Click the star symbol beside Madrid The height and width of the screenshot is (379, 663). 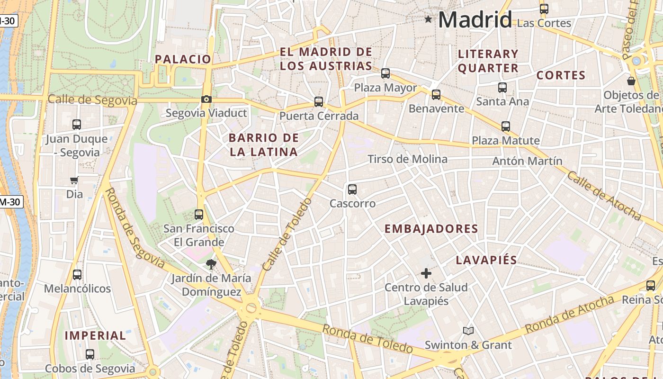tap(429, 19)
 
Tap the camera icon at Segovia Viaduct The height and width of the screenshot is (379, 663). tap(206, 99)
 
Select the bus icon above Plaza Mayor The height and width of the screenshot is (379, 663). tap(385, 73)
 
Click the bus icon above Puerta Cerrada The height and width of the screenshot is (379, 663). tap(319, 101)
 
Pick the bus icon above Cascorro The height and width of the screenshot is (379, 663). tap(352, 189)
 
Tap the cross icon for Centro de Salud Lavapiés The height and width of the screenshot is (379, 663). tap(426, 273)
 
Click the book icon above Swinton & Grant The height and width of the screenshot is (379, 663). tap(468, 331)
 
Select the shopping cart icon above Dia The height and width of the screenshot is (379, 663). tap(74, 180)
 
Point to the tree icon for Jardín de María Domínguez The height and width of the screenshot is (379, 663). tap(211, 264)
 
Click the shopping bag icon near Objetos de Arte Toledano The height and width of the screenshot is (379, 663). tap(631, 81)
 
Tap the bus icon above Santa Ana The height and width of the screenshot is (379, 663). tap(502, 88)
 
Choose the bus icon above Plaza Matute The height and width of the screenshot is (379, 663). tap(506, 126)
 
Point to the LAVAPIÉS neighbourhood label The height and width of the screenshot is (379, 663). tap(486, 260)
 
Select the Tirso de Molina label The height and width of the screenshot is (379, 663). tap(408, 159)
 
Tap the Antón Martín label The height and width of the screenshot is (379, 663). tap(528, 161)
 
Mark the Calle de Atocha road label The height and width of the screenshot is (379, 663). tap(604, 196)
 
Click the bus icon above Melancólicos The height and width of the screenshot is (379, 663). tap(77, 275)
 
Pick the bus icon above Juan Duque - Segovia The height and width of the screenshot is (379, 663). tap(77, 125)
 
